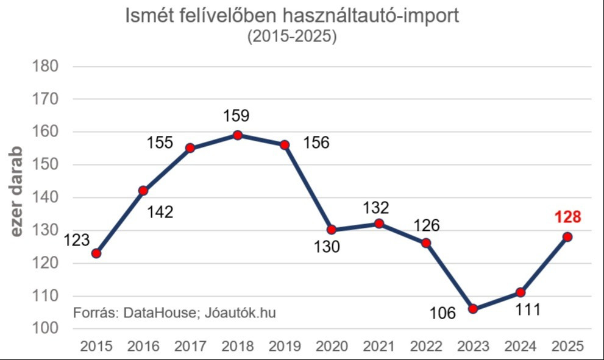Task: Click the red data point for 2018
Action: pyautogui.click(x=238, y=135)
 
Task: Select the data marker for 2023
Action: pyautogui.click(x=474, y=309)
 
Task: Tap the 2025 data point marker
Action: pyautogui.click(x=567, y=237)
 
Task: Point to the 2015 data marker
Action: pyautogui.click(x=96, y=253)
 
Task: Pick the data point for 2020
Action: pyautogui.click(x=332, y=230)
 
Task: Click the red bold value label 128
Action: pyautogui.click(x=567, y=217)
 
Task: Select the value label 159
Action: pyautogui.click(x=237, y=116)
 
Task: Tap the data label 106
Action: pyautogui.click(x=442, y=314)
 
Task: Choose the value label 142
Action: pyautogui.click(x=160, y=212)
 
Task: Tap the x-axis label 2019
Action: pyautogui.click(x=285, y=347)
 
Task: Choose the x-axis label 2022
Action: pyautogui.click(x=426, y=347)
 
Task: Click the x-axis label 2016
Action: pyautogui.click(x=143, y=347)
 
